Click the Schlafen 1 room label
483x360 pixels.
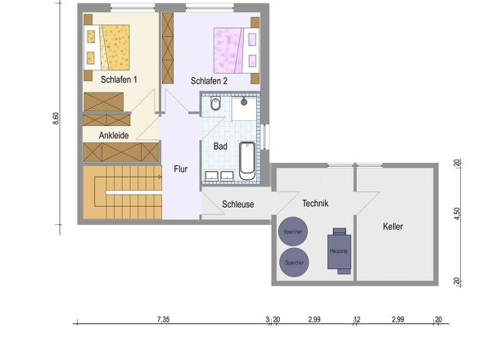click(119, 79)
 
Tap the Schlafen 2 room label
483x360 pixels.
click(209, 81)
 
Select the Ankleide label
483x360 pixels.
click(114, 135)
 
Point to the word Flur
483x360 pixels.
click(180, 169)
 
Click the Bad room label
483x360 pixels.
click(220, 146)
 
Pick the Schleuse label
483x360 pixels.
click(237, 205)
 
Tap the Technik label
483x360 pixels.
click(315, 203)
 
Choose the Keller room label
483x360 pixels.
click(393, 227)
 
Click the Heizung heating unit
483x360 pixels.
click(339, 251)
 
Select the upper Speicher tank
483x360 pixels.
click(293, 232)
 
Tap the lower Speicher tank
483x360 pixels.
click(294, 263)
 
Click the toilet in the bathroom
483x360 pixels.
click(215, 104)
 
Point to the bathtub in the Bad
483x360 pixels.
click(247, 160)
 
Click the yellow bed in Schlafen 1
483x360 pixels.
click(106, 47)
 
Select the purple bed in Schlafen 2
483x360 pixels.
click(237, 50)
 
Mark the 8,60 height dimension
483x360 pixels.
click(56, 119)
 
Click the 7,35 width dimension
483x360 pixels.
click(163, 319)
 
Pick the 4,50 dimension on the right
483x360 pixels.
click(457, 214)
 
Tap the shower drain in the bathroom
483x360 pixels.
click(244, 101)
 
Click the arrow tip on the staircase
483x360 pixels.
click(161, 177)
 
